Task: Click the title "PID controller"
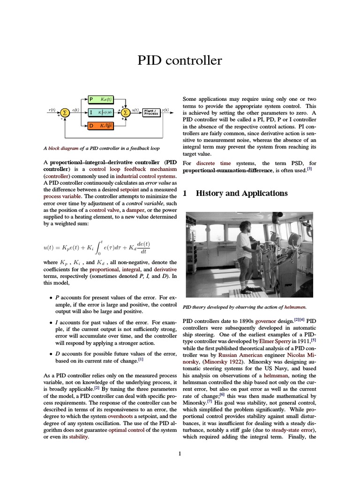(x=180, y=61)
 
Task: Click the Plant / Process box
(x=151, y=112)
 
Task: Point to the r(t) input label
(x=52, y=110)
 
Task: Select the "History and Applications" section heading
(x=241, y=193)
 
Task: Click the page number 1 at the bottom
(x=180, y=453)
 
